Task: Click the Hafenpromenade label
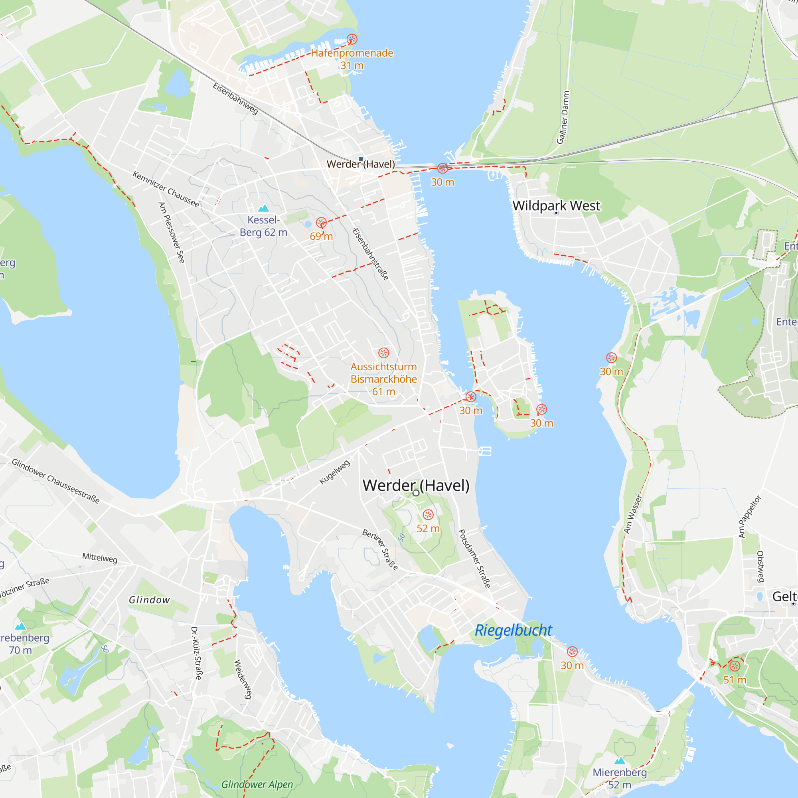pyautogui.click(x=352, y=53)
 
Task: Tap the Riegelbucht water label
pyautogui.click(x=513, y=630)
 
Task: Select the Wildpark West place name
pyautogui.click(x=556, y=206)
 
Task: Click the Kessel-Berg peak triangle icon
pyautogui.click(x=263, y=208)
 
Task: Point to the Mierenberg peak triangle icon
pyautogui.click(x=620, y=761)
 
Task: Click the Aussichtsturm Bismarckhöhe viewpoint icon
pyautogui.click(x=384, y=353)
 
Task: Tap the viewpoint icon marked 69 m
pyautogui.click(x=321, y=223)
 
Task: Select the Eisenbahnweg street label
pyautogui.click(x=235, y=98)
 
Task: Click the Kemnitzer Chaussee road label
pyautogui.click(x=166, y=189)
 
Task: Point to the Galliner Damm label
pyautogui.click(x=563, y=117)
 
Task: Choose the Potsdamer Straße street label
pyautogui.click(x=475, y=559)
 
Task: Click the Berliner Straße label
pyautogui.click(x=380, y=549)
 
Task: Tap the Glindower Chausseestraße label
pyautogui.click(x=56, y=481)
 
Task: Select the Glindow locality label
pyautogui.click(x=149, y=600)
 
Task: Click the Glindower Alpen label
pyautogui.click(x=257, y=784)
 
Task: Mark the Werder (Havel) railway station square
pyautogui.click(x=361, y=159)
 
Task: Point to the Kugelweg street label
pyautogui.click(x=335, y=472)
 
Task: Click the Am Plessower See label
pyautogui.click(x=172, y=233)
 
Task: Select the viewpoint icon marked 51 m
pyautogui.click(x=735, y=666)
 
